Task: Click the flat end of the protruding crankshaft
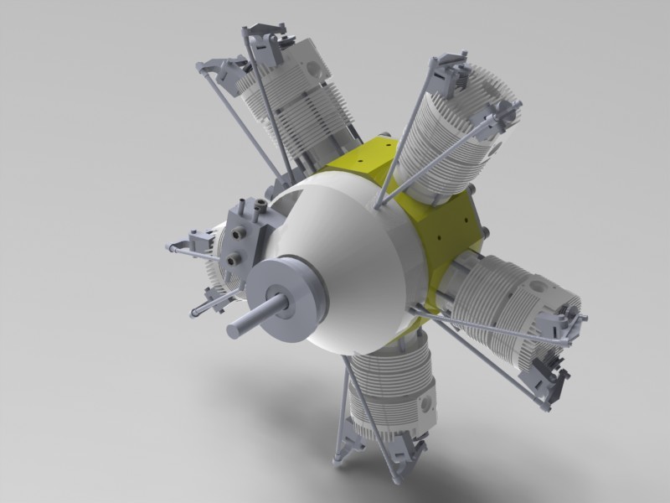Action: click(x=234, y=328)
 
